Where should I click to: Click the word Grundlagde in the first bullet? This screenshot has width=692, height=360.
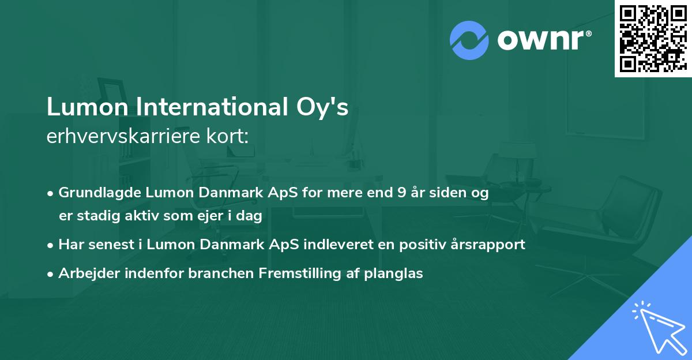pyautogui.click(x=94, y=193)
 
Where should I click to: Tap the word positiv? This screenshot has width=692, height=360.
pyautogui.click(x=426, y=245)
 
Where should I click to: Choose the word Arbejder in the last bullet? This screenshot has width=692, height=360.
pyautogui.click(x=85, y=273)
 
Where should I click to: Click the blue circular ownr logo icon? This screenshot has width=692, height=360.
pyautogui.click(x=469, y=40)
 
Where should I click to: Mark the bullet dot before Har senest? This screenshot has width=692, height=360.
pyautogui.click(x=51, y=245)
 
